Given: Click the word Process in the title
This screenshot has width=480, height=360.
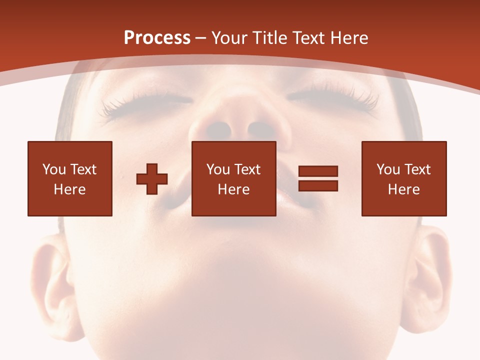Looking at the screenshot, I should coord(157,38).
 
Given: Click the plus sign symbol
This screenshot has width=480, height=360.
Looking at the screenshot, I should coord(152,179).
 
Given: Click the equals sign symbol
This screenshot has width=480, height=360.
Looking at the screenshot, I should coord(318,178).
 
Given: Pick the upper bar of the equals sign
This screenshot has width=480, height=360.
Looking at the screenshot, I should coord(318,171).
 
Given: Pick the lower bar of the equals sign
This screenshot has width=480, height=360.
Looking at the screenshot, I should coord(318,185).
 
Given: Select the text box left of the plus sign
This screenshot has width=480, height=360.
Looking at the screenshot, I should coord(70,178).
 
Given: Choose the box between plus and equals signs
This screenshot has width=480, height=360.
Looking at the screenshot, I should coord(234,178).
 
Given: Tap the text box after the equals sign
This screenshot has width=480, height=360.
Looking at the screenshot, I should coord(404,178).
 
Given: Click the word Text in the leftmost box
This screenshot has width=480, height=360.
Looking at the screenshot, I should coord(84,169).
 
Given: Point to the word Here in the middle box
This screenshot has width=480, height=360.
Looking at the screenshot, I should coord(234,189).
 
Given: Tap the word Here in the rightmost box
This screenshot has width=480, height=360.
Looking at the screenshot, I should coord(404,189).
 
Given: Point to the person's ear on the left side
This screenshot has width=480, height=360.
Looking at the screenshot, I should coord(50,285).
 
